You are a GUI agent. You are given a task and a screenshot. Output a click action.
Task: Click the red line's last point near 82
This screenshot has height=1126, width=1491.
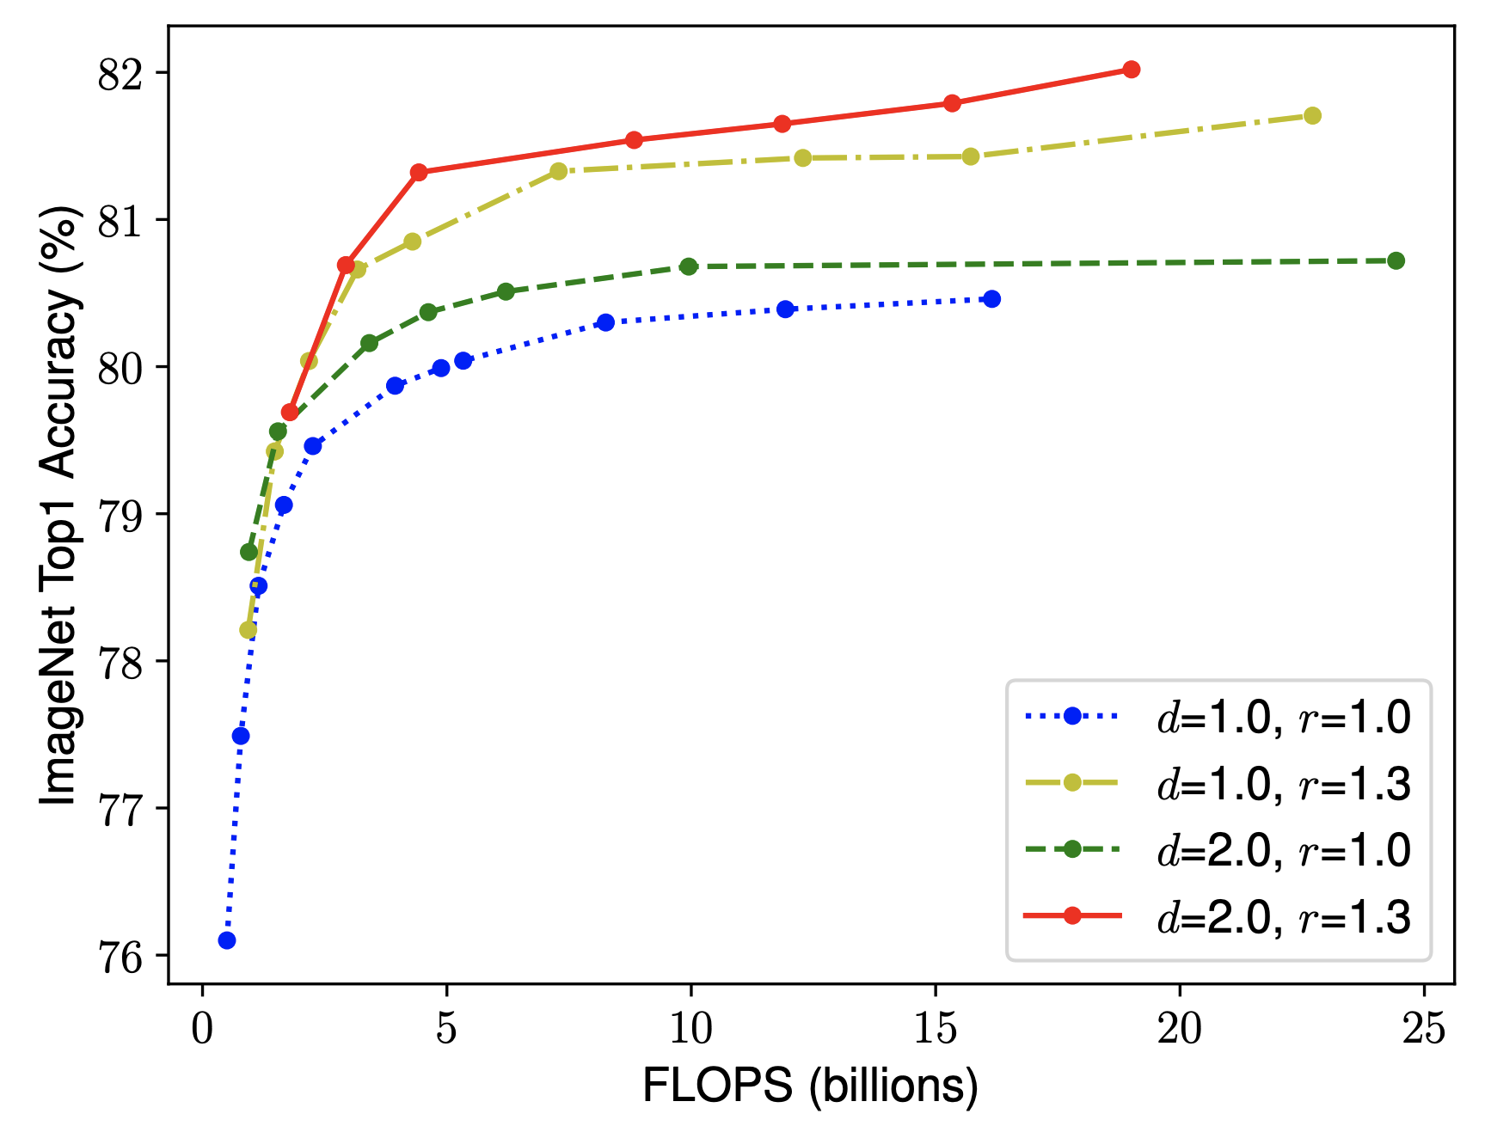click(x=1132, y=70)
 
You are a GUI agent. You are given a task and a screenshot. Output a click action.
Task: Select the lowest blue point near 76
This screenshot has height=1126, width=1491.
click(x=227, y=940)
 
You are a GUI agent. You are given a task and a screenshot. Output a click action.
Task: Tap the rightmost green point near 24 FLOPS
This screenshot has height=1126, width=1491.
click(x=1396, y=260)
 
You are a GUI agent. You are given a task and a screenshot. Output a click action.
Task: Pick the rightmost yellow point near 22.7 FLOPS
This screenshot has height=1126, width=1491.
click(x=1313, y=115)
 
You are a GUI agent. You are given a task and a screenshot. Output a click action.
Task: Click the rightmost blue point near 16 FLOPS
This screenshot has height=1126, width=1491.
click(x=992, y=299)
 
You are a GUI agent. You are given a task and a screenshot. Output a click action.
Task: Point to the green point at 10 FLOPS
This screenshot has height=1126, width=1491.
click(x=689, y=266)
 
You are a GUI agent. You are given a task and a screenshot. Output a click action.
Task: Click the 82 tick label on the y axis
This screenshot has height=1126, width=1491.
click(x=120, y=75)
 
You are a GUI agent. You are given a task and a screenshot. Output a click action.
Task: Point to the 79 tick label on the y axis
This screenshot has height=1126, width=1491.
click(x=120, y=516)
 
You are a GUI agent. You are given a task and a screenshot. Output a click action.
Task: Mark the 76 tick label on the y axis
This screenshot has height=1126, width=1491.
click(x=120, y=957)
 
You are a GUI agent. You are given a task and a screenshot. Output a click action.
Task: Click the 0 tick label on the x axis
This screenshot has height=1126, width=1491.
click(x=202, y=1028)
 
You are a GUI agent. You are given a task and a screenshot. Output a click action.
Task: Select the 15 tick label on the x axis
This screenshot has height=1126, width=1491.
click(x=935, y=1028)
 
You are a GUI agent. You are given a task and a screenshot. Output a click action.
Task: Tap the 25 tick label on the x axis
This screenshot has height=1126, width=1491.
click(x=1424, y=1028)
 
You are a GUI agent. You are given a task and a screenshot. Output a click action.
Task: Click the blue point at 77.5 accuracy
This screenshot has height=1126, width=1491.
click(x=241, y=736)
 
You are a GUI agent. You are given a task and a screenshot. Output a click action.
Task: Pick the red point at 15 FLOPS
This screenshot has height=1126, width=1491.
click(x=952, y=103)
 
